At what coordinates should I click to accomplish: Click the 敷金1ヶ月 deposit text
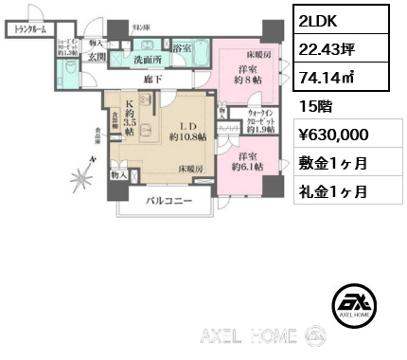pos(334,163)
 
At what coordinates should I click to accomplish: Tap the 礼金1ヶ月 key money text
pos(334,190)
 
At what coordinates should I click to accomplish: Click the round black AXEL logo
pos(356,304)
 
